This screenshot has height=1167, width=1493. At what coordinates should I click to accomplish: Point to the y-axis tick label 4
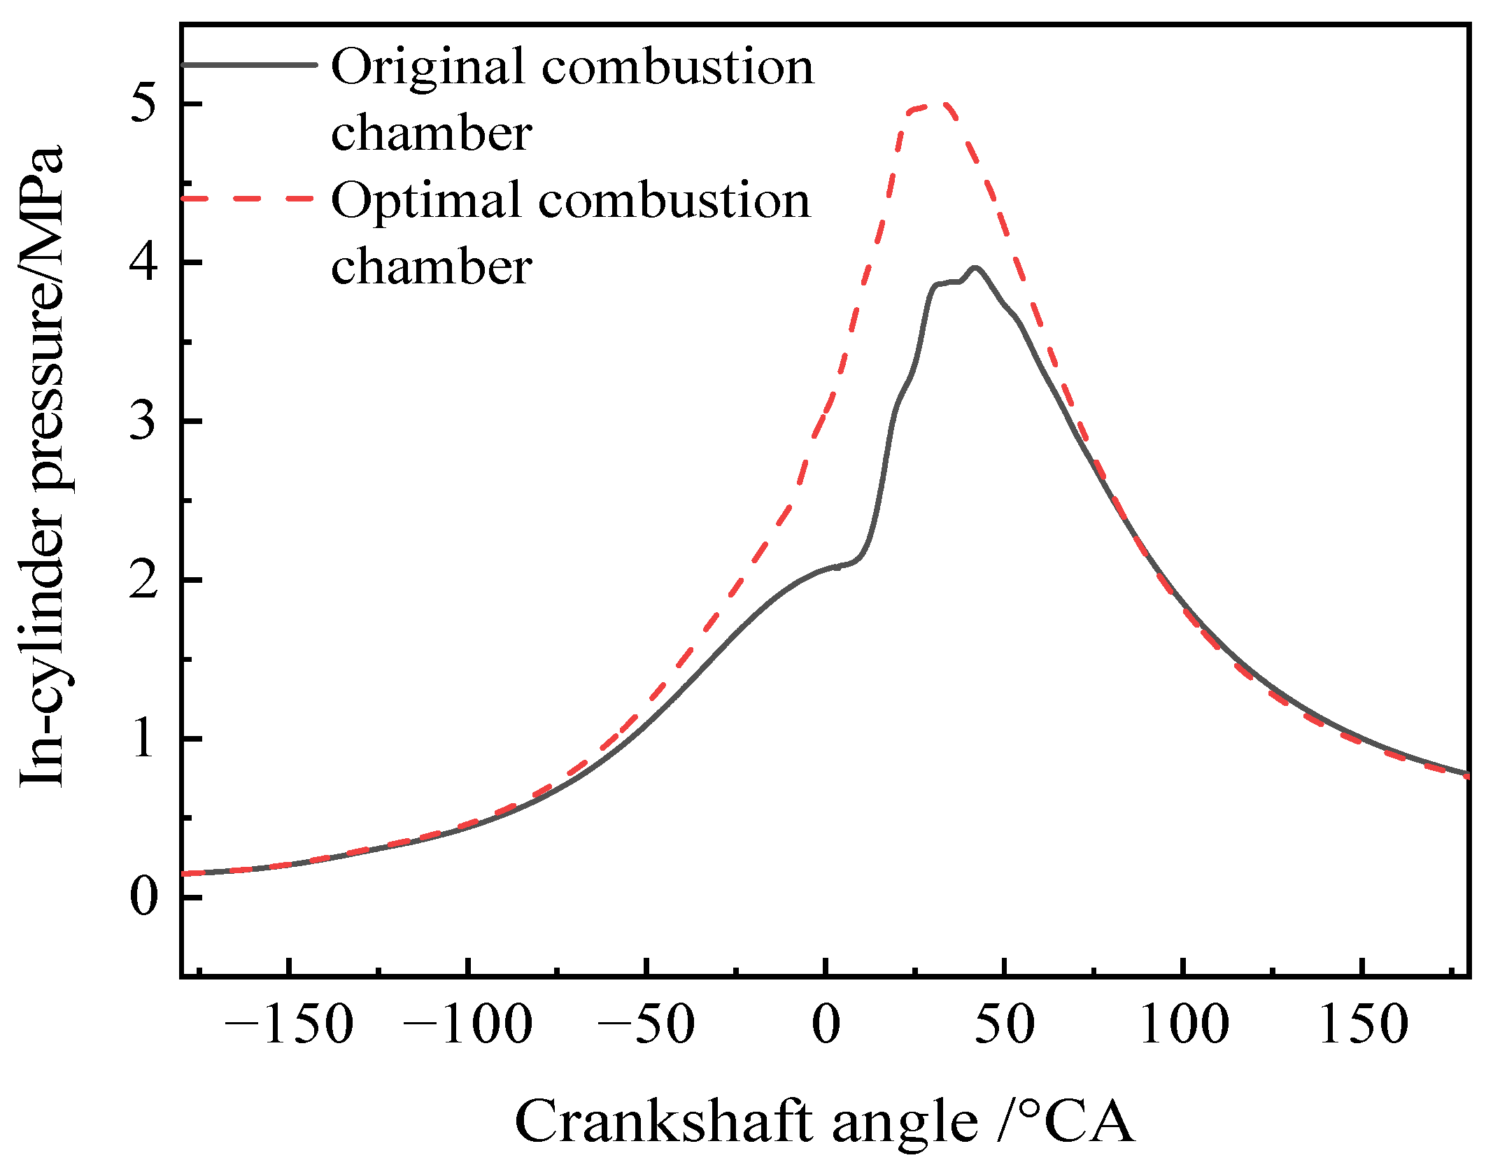pyautogui.click(x=143, y=264)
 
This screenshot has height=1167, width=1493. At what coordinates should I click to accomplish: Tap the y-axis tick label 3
pyautogui.click(x=143, y=422)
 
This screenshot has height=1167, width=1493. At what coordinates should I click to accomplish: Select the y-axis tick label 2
pyautogui.click(x=143, y=581)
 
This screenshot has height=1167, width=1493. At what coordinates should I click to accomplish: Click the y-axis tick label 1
pyautogui.click(x=143, y=740)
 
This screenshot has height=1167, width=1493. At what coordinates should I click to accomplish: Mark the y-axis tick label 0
pyautogui.click(x=143, y=898)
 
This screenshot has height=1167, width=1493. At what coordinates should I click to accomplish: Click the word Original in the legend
pyautogui.click(x=428, y=69)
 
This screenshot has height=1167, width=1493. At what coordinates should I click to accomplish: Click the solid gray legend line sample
pyautogui.click(x=249, y=64)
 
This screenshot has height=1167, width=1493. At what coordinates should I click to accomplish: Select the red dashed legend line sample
pyautogui.click(x=249, y=198)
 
